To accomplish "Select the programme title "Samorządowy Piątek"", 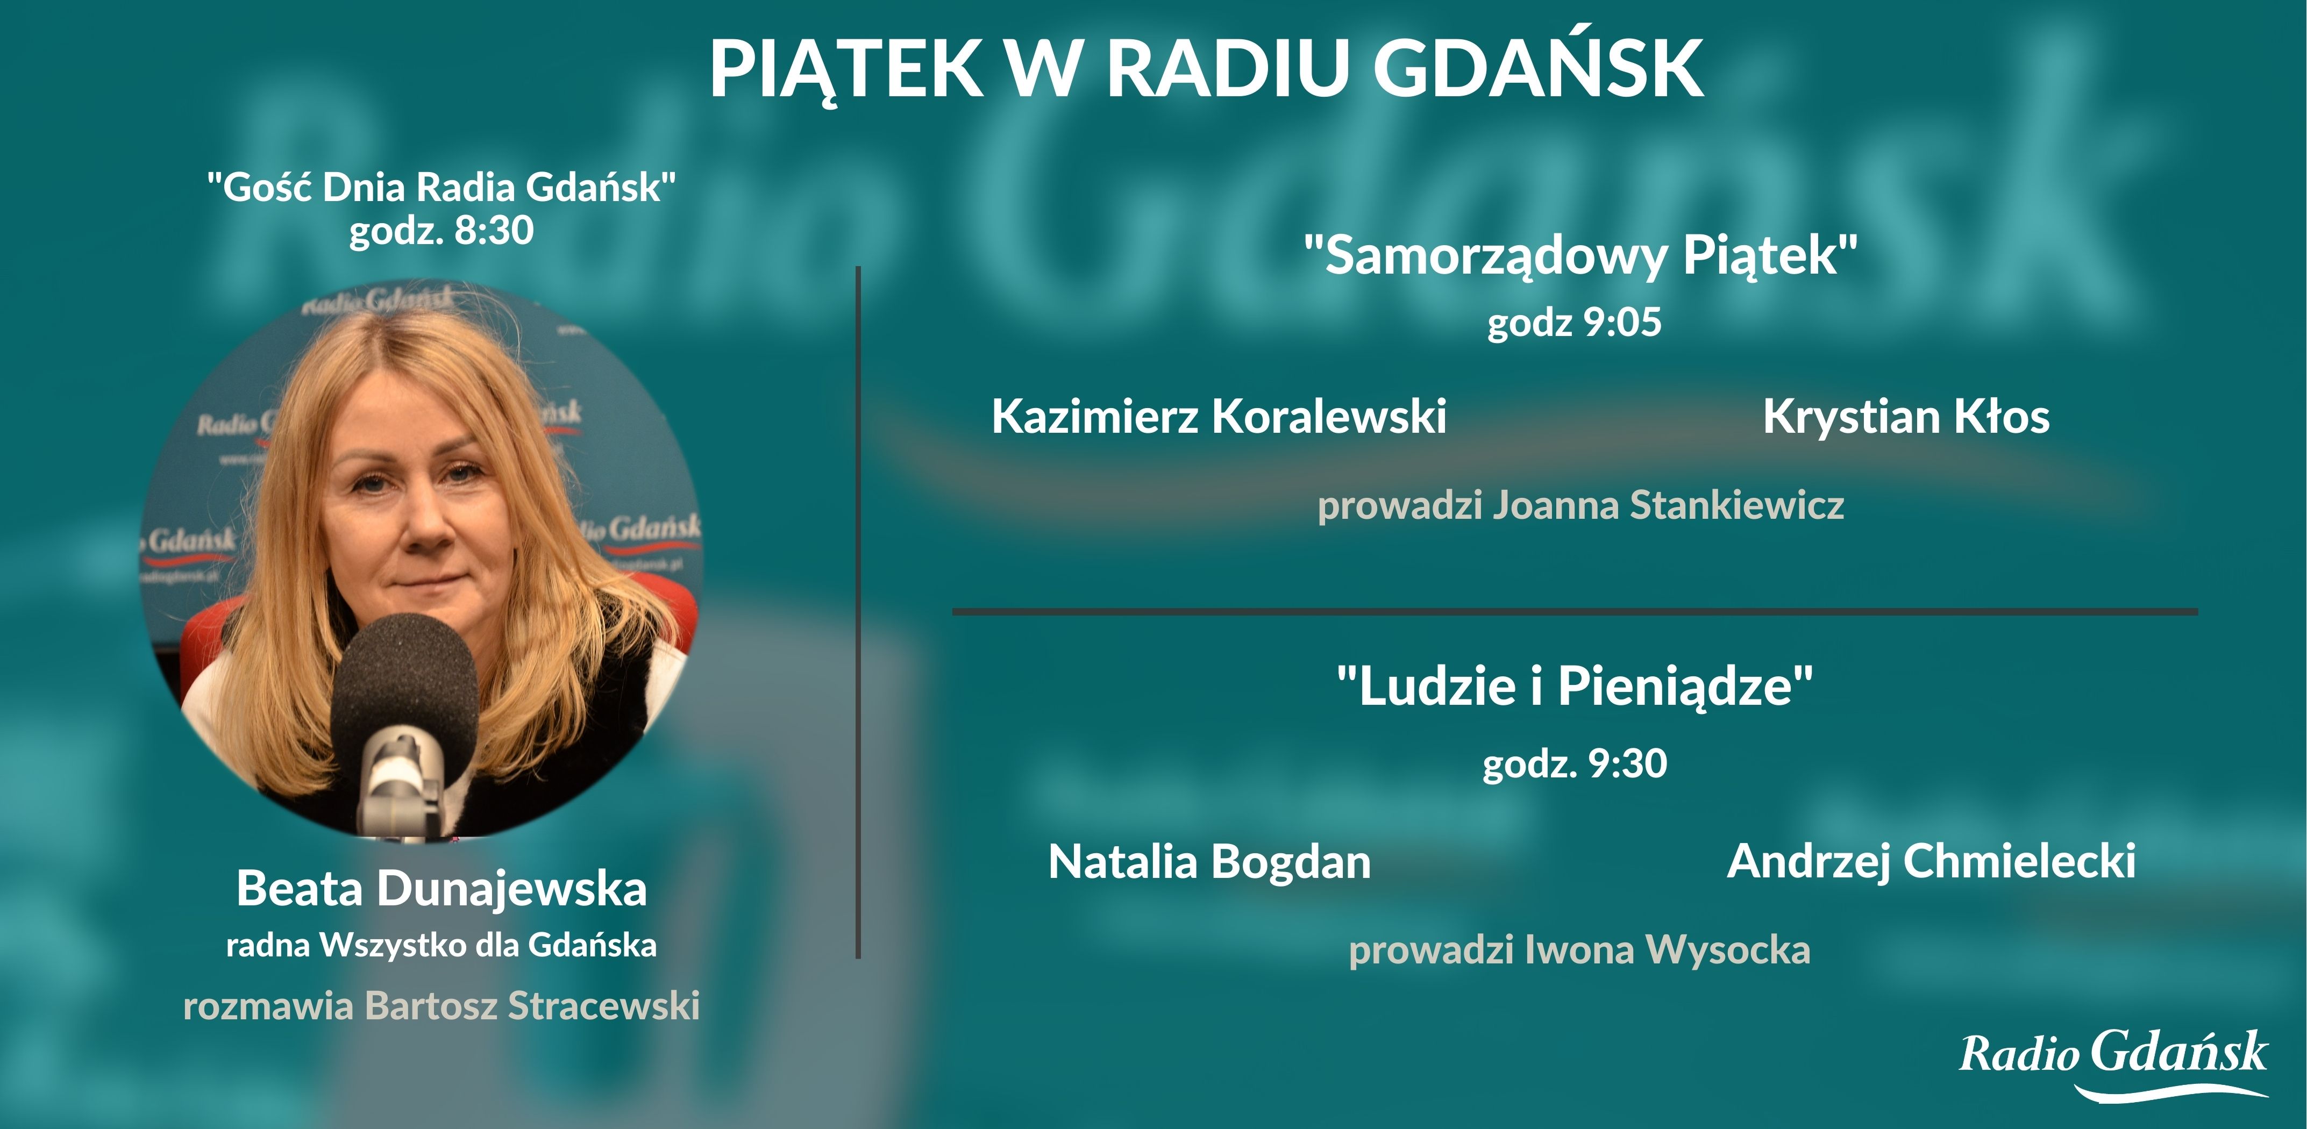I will coord(1580,255).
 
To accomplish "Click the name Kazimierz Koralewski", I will coord(1219,416).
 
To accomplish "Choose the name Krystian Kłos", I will coord(1906,416).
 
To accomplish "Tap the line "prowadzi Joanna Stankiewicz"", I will coord(1580,505).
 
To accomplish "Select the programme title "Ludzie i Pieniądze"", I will coord(1575,686).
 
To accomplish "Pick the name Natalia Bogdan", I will coord(1209,861).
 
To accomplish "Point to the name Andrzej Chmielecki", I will coord(1931,861).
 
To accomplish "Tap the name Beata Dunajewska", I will coord(442,889).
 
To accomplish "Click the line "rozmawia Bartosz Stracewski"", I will coord(442,1005).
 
